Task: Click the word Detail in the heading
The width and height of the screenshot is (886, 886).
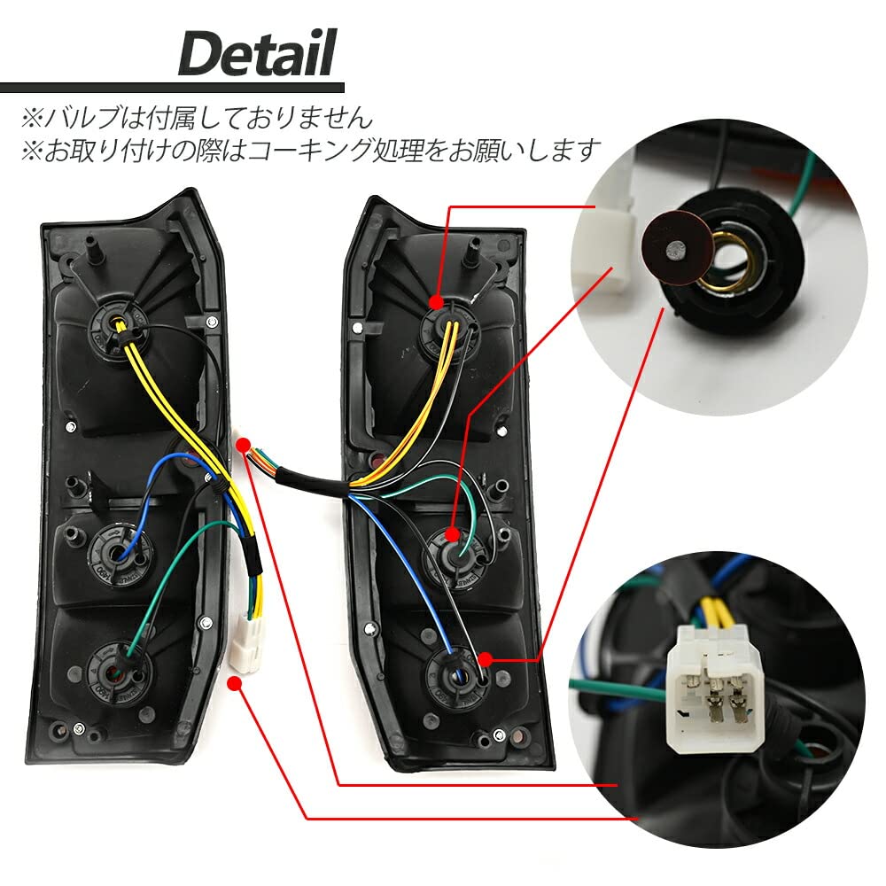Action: coord(257,53)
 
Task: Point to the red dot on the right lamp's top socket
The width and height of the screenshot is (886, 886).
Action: coord(436,302)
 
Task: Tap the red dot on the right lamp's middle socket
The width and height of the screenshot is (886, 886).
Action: coord(452,534)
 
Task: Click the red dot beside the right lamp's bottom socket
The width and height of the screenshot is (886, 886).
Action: coord(486,659)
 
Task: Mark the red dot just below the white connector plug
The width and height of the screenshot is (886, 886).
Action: coord(235,684)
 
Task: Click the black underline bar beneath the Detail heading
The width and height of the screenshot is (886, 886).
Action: coord(173,88)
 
